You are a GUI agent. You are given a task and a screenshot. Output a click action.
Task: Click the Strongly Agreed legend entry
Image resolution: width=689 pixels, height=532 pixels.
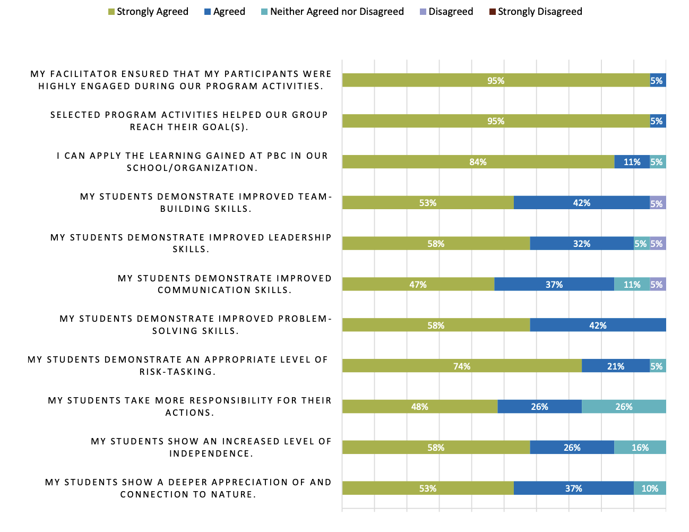[x=148, y=12]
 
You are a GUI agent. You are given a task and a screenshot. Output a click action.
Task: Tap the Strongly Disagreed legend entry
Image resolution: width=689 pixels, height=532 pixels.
[x=536, y=12]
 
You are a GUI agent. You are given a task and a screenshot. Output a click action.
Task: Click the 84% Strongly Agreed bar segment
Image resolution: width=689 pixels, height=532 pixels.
[x=478, y=162]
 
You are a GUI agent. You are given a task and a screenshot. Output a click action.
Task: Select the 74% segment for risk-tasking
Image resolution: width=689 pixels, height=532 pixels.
[x=462, y=366]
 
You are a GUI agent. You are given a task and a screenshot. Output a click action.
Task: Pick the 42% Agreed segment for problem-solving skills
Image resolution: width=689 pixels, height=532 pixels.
[x=598, y=325]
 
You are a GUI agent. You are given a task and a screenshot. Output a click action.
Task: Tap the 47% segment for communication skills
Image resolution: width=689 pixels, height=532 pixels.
[x=418, y=285]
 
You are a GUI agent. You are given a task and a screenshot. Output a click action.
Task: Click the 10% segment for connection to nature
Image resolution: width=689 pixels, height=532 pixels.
[x=650, y=488]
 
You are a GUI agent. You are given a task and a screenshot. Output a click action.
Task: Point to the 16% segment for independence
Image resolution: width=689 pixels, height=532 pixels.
[x=640, y=448]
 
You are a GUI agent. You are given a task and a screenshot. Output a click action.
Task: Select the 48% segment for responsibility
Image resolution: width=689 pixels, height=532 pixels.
[x=419, y=407]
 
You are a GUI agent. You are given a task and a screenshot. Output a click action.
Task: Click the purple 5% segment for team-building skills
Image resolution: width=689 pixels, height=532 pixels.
[x=658, y=203]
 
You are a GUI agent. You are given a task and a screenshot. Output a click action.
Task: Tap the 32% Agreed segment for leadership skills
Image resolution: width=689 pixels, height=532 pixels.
[x=582, y=244]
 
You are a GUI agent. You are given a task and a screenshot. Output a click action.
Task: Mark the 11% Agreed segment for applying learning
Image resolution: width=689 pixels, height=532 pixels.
[x=632, y=162]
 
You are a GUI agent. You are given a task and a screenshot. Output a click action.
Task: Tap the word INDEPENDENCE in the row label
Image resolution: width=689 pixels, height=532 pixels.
[x=210, y=454]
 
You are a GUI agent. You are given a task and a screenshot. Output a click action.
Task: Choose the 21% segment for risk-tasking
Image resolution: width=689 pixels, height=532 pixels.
[x=616, y=366]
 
